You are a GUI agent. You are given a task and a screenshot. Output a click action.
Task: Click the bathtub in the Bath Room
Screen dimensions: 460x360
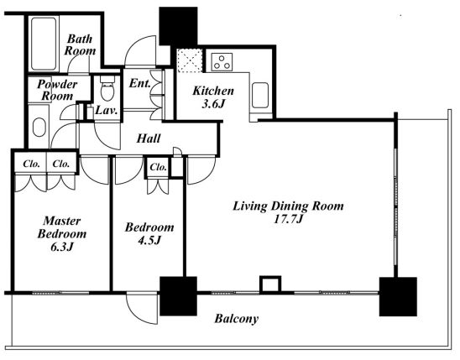coord(44,44)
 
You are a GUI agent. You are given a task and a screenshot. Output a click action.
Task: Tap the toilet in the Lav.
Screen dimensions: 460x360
coord(107,88)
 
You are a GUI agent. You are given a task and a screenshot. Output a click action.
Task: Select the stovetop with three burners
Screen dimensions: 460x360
coord(222,62)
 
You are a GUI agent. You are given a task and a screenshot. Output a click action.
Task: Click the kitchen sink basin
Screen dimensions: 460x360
coord(260,95)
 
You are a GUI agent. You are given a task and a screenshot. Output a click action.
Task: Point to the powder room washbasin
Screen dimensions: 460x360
coord(39,128)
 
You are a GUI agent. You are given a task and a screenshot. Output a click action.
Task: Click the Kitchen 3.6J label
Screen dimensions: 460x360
coord(213,97)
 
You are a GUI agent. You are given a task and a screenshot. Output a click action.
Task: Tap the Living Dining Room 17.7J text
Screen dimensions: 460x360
coord(288,212)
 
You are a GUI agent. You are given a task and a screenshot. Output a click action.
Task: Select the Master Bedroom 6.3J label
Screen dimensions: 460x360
coord(62,233)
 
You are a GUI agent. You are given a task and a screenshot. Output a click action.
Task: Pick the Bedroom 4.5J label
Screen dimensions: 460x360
coord(149,233)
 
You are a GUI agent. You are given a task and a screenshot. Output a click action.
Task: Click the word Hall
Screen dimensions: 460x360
coord(149,138)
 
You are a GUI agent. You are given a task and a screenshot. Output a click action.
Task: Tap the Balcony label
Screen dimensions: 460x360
coord(237,319)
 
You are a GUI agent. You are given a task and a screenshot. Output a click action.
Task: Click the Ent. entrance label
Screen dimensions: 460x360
coord(140,83)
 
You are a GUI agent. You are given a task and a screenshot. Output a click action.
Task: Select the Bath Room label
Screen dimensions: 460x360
coord(80,44)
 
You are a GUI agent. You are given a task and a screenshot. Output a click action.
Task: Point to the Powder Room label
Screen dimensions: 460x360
coord(57,90)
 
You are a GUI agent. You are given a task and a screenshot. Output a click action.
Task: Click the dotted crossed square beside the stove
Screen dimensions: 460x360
coord(190,60)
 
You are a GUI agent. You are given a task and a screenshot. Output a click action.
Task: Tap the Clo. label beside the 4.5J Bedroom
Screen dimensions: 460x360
coord(158,167)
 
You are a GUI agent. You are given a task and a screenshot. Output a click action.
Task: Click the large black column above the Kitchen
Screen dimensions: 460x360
coord(178,26)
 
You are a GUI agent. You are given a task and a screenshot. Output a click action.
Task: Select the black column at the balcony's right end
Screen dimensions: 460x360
coord(398,296)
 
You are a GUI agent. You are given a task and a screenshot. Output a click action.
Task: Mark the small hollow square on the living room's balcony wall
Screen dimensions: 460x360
coord(270,284)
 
